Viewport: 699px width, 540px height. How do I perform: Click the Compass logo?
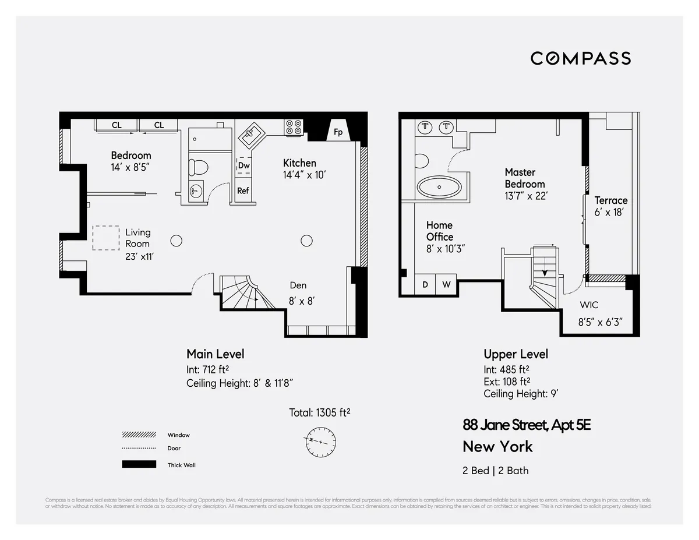pyautogui.click(x=580, y=58)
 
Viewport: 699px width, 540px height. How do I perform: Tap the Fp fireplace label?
pyautogui.click(x=338, y=132)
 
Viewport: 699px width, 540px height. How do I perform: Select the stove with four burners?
pyautogui.click(x=294, y=127)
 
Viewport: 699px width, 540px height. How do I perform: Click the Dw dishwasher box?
pyautogui.click(x=243, y=165)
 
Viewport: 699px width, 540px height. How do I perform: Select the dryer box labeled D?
pyautogui.click(x=425, y=285)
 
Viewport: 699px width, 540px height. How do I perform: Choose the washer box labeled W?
pyautogui.click(x=446, y=285)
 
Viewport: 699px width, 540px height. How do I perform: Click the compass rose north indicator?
pyautogui.click(x=320, y=442)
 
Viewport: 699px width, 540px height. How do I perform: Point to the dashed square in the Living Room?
pyautogui.click(x=105, y=238)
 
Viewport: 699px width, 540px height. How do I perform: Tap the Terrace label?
pyautogui.click(x=610, y=200)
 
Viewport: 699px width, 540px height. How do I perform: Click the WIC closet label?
pyautogui.click(x=588, y=305)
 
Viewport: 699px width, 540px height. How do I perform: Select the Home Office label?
pyautogui.click(x=439, y=231)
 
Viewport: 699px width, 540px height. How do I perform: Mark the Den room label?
pyautogui.click(x=298, y=285)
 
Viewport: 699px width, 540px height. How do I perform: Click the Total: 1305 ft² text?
pyautogui.click(x=319, y=412)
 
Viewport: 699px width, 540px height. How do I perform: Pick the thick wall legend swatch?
pyautogui.click(x=139, y=465)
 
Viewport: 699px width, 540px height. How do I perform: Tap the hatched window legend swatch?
pyautogui.click(x=139, y=435)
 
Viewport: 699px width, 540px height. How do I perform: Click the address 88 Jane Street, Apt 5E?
pyautogui.click(x=527, y=425)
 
